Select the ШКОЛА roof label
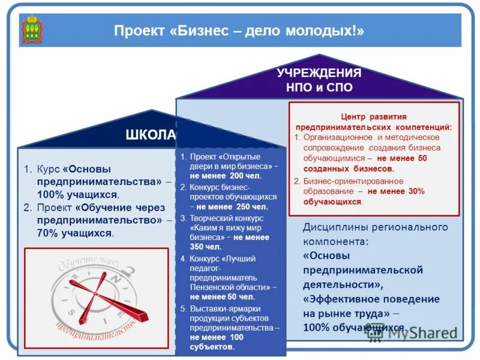click(151, 134)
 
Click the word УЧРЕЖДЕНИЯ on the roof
click(319, 73)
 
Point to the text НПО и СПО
click(319, 88)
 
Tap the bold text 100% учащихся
click(78, 194)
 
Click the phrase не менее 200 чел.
click(226, 176)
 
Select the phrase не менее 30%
click(396, 191)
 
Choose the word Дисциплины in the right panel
click(334, 227)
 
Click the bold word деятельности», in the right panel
click(342, 284)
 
